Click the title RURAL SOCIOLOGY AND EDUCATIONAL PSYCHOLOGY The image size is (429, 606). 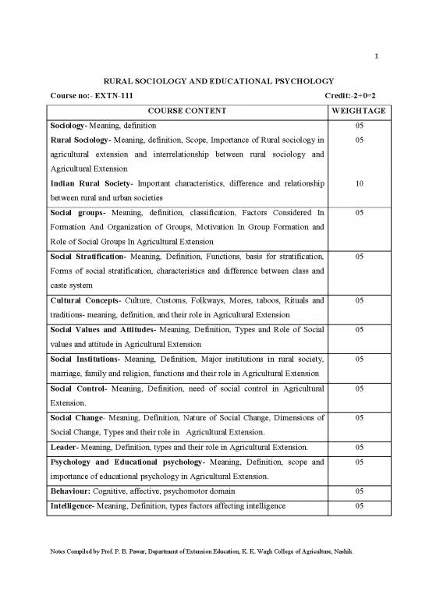(213, 80)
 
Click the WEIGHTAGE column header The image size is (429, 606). (359, 111)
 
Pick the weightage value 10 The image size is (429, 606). (359, 183)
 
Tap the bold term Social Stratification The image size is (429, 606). (85, 256)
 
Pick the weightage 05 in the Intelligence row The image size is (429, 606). (359, 506)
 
